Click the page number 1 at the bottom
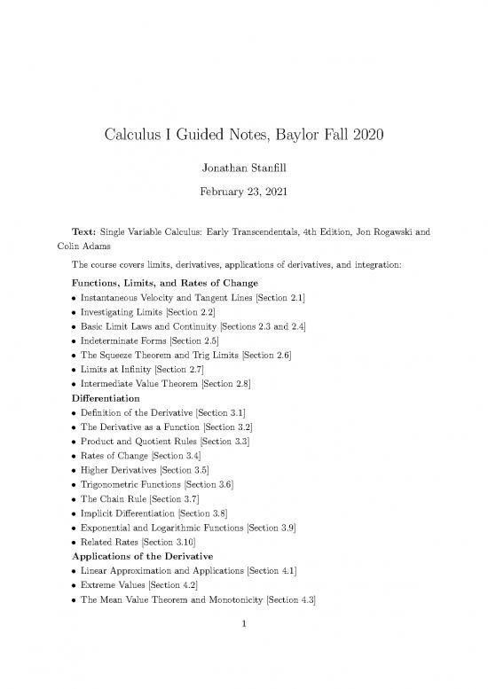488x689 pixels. coord(244,658)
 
